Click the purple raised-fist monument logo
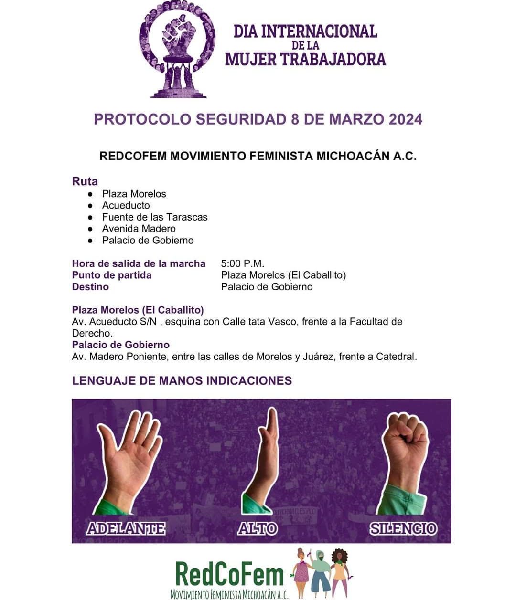176,50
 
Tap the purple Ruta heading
85,181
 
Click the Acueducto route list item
126,205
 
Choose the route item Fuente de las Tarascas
155,217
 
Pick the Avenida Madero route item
139,229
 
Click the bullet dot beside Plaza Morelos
90,194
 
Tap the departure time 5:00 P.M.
242,263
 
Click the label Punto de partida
111,275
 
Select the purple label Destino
90,287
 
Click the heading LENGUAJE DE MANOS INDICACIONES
182,380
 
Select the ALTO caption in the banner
258,528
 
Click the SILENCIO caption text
403,528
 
